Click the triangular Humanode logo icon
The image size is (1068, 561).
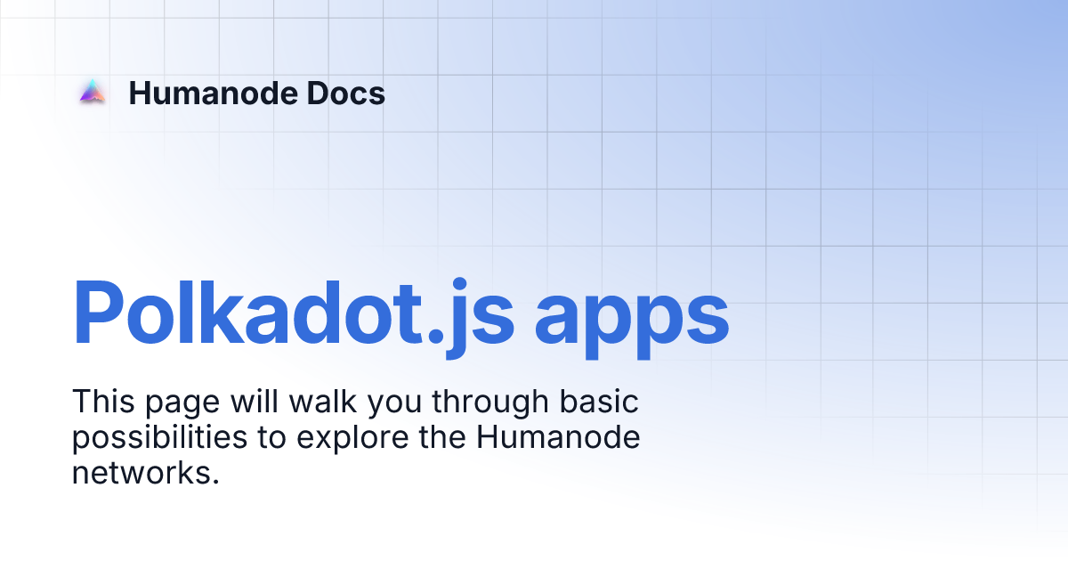pos(93,91)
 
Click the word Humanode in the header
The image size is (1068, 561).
pos(213,93)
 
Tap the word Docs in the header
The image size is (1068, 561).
pos(345,93)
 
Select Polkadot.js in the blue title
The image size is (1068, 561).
pos(293,315)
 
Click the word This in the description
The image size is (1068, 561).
pos(103,402)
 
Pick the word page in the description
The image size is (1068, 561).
pos(182,404)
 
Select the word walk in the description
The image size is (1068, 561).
pos(323,402)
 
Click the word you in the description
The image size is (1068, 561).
pos(395,405)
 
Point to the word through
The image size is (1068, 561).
pos(490,403)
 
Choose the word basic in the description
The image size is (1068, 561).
pos(599,402)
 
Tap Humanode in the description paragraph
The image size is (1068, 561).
pos(558,437)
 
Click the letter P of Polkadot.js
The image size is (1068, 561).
pos(99,312)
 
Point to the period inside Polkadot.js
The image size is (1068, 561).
pos(436,335)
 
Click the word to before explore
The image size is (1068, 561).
pos(272,438)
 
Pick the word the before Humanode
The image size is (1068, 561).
pos(443,437)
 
